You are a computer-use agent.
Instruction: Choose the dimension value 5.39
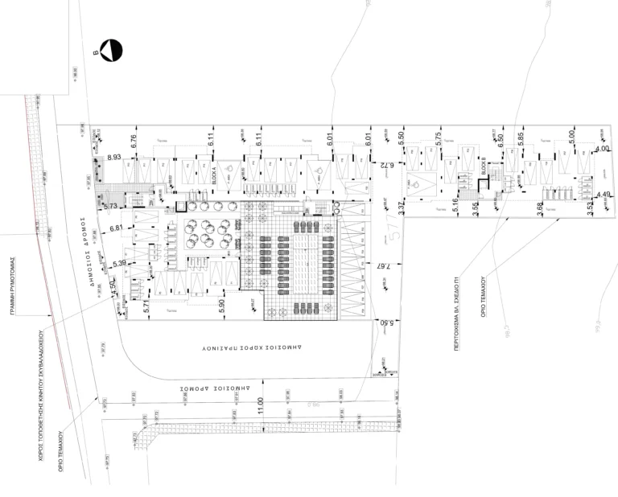tap(121, 264)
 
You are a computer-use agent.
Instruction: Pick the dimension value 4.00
tap(602, 149)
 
